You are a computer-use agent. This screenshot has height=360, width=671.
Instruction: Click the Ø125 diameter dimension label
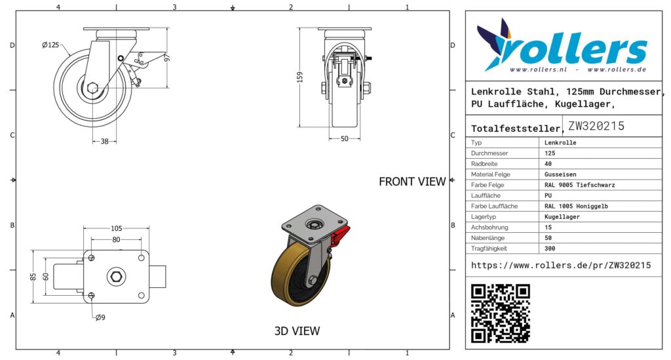pyautogui.click(x=50, y=45)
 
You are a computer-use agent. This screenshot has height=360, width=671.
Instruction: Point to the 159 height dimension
pyautogui.click(x=300, y=77)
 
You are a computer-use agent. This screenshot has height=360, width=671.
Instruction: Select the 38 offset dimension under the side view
pyautogui.click(x=104, y=141)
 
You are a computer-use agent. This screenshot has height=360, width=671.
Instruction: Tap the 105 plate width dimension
pyautogui.click(x=117, y=229)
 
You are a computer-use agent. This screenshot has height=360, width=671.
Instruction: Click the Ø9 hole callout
pyautogui.click(x=100, y=317)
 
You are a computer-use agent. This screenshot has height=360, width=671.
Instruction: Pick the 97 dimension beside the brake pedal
pyautogui.click(x=167, y=57)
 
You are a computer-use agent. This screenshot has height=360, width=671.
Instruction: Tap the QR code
pyautogui.click(x=500, y=313)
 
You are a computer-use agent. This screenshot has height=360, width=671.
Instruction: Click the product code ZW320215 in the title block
pyautogui.click(x=596, y=126)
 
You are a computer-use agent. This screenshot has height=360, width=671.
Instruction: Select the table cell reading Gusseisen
pyautogui.click(x=560, y=174)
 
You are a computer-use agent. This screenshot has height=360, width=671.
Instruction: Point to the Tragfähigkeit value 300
pyautogui.click(x=550, y=249)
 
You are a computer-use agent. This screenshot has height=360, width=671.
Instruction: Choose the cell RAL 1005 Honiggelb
pyautogui.click(x=576, y=206)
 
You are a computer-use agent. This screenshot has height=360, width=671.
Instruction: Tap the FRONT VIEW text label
pyautogui.click(x=412, y=182)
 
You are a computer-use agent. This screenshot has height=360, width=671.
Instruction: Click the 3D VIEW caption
pyautogui.click(x=297, y=331)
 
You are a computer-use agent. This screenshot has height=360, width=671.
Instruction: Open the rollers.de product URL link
pyautogui.click(x=561, y=265)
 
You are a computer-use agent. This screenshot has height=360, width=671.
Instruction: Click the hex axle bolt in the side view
pyautogui.click(x=92, y=88)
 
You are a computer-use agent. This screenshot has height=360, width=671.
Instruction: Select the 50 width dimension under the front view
pyautogui.click(x=345, y=139)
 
